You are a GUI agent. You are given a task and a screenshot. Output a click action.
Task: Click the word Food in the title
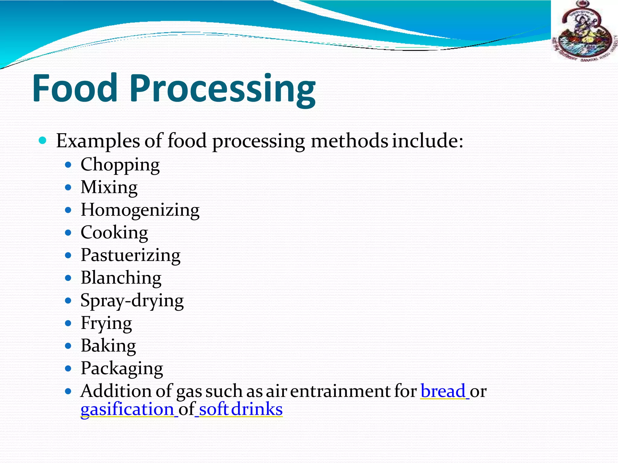[75, 88]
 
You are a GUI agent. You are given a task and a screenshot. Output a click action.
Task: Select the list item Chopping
[120, 165]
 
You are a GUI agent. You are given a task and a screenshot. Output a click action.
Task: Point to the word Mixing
[109, 187]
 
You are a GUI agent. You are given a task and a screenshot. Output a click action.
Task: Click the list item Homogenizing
[140, 210]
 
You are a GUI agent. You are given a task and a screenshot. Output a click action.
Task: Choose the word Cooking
[114, 233]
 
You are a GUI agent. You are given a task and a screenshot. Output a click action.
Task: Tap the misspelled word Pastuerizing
[130, 255]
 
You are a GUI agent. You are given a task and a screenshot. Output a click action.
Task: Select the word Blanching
[121, 278]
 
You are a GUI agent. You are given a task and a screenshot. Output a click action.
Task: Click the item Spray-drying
[132, 301]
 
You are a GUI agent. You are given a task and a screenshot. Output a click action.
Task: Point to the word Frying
[106, 323]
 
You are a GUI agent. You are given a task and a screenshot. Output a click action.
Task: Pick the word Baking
[108, 346]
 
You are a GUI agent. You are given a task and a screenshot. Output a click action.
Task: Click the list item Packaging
[122, 368]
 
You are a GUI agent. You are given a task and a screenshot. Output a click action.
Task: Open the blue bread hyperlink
[443, 391]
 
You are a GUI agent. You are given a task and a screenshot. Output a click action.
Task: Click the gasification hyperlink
[127, 409]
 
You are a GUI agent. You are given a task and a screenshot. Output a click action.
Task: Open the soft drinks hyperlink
[241, 409]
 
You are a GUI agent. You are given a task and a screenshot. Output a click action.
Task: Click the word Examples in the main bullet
[98, 141]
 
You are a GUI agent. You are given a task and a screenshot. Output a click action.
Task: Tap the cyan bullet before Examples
[43, 140]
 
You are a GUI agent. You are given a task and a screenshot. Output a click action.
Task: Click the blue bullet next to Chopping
[68, 165]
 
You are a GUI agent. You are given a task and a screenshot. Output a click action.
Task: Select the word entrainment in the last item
[340, 391]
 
